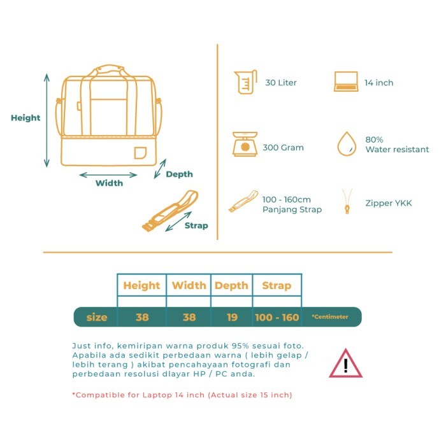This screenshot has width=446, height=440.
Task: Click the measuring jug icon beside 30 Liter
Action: [245, 82]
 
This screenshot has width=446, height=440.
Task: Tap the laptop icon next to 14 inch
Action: [346, 82]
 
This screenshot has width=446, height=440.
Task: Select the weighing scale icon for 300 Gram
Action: [245, 144]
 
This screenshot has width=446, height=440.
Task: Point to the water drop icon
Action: [347, 144]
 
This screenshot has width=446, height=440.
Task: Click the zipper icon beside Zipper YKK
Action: [347, 201]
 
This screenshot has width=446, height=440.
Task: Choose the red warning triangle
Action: [345, 363]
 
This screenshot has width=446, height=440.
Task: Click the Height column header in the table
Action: [141, 285]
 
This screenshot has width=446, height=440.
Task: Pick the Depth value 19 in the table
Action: [232, 317]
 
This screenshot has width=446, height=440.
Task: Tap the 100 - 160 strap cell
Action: [277, 317]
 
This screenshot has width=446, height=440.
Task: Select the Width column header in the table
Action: [189, 285]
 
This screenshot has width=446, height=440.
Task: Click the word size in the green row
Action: [97, 317]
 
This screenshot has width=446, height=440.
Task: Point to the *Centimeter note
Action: [329, 316]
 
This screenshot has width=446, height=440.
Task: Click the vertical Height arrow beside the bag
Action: [47, 120]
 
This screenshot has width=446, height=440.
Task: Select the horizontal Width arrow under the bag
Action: [108, 175]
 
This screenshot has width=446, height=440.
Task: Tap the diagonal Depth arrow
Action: [160, 169]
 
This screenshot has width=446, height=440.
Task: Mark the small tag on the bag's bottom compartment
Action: [140, 153]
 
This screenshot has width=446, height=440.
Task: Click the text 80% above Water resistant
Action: [374, 139]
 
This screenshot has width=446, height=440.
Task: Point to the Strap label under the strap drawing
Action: [196, 225]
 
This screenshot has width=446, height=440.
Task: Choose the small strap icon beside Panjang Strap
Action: [243, 201]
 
